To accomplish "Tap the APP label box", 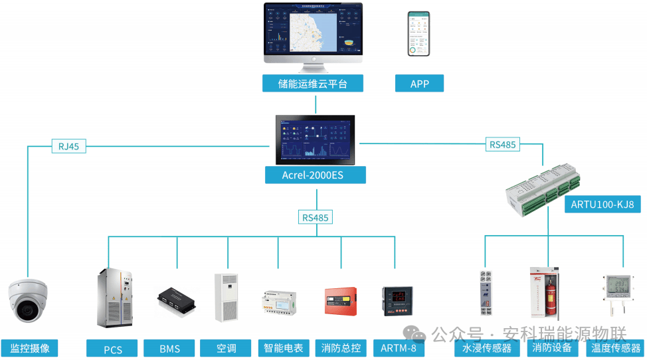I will coord(419,84).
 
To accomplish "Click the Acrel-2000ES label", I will coord(315,175).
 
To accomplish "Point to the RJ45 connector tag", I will coord(68,146).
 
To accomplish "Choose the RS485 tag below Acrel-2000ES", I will coord(316,217).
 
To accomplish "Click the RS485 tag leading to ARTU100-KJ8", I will coord(502,144).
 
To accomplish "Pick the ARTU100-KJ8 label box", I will coord(602,205).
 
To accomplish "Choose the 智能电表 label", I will coord(283,348).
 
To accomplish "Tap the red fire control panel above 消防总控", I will coord(340,301).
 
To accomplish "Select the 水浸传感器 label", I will coord(487,348).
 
